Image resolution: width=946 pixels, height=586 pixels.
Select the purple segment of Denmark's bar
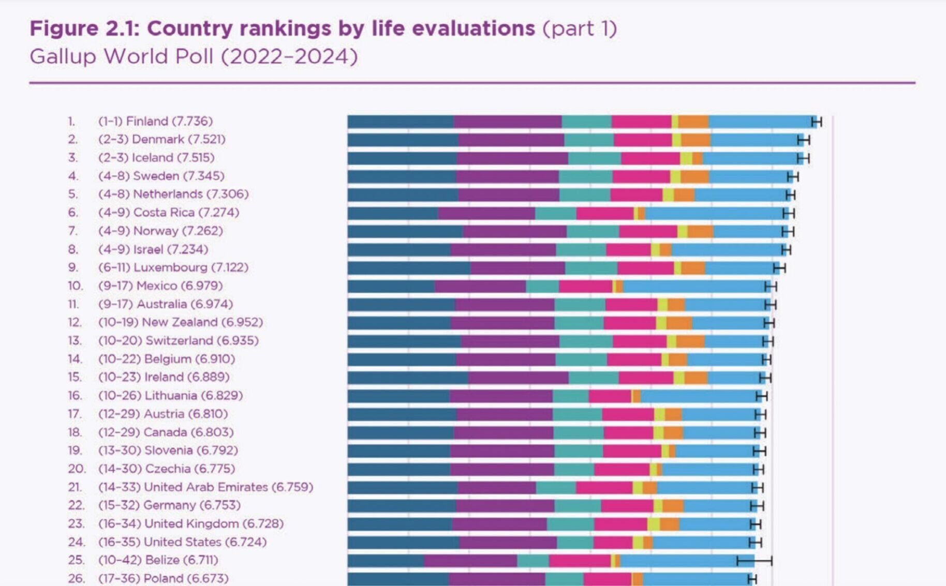coord(511,140)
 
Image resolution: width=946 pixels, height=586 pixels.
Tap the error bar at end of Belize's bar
coord(754,561)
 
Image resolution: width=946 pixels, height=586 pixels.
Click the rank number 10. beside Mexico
coord(75,286)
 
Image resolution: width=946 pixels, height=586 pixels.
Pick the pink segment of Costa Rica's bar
coord(604,213)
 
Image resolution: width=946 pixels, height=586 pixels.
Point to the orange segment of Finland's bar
coord(693,122)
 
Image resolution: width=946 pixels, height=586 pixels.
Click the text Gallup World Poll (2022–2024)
coord(194,56)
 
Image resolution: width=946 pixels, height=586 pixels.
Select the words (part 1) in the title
coord(580,28)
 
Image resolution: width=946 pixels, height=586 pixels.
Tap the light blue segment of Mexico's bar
coord(693,287)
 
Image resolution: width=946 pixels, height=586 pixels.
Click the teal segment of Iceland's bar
coord(594,158)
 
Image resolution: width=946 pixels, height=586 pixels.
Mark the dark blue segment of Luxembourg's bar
coord(409,268)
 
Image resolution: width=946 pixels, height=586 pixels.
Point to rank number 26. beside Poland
coord(76,578)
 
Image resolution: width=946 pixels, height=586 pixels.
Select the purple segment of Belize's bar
coord(470,561)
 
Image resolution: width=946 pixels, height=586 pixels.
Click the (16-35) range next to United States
coord(119,542)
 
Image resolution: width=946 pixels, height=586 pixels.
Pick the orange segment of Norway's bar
coord(700,231)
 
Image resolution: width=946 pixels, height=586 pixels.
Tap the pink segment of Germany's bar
coord(627,505)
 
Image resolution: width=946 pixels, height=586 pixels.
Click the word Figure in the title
coord(64,28)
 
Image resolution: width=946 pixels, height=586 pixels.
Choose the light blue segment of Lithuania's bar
coord(699,396)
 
